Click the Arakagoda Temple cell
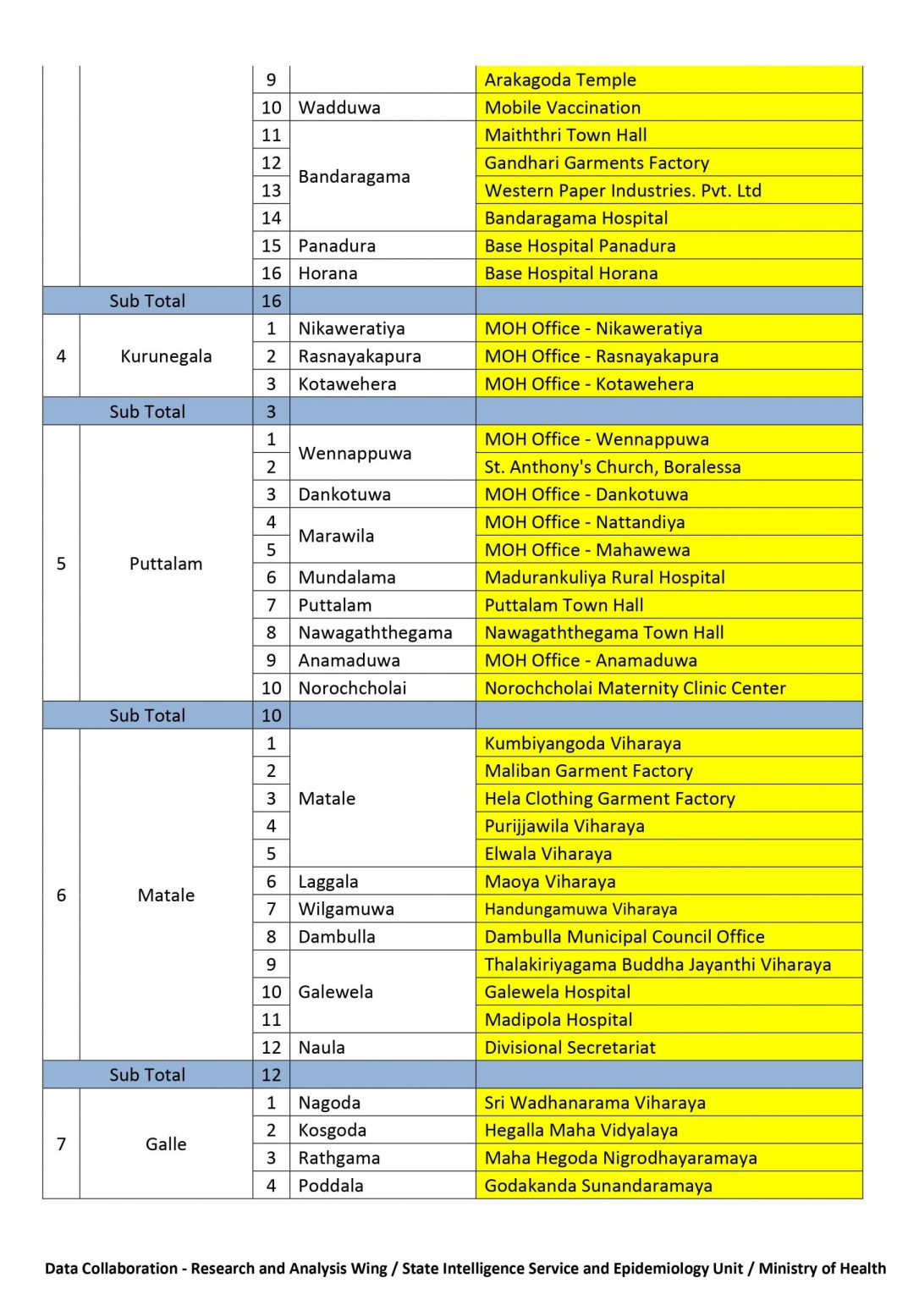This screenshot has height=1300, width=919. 560,80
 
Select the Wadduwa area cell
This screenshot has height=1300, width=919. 339,107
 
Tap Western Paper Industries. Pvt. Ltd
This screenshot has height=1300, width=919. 623,190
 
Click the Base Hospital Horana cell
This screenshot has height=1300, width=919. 571,273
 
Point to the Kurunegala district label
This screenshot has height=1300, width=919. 166,356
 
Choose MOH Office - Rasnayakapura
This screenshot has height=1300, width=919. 602,356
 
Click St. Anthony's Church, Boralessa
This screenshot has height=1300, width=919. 613,467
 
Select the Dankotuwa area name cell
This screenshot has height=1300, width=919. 344,494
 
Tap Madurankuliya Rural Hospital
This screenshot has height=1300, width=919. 605,577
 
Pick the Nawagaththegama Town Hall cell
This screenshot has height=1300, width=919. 604,633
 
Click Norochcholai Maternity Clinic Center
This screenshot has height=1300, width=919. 636,688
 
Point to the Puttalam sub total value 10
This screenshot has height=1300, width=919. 271,716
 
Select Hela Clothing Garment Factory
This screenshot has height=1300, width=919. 610,799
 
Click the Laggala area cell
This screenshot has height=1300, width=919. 328,882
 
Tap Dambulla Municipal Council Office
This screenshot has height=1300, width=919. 625,937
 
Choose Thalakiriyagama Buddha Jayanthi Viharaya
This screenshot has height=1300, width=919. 658,965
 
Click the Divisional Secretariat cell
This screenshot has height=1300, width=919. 570,1048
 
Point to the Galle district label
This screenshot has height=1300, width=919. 166,1144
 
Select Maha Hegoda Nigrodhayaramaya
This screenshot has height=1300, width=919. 621,1158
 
